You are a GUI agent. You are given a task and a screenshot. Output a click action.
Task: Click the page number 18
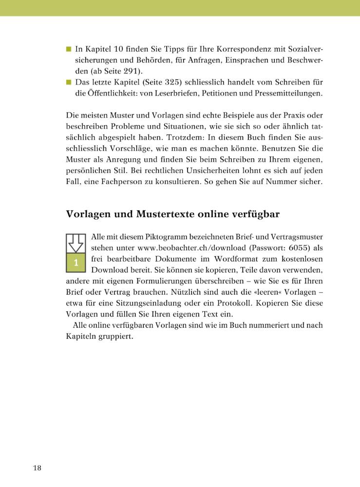click(x=37, y=468)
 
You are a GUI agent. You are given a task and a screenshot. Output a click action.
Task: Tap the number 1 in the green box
click(x=76, y=262)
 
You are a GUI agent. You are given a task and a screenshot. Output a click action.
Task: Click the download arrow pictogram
click(x=76, y=243)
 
